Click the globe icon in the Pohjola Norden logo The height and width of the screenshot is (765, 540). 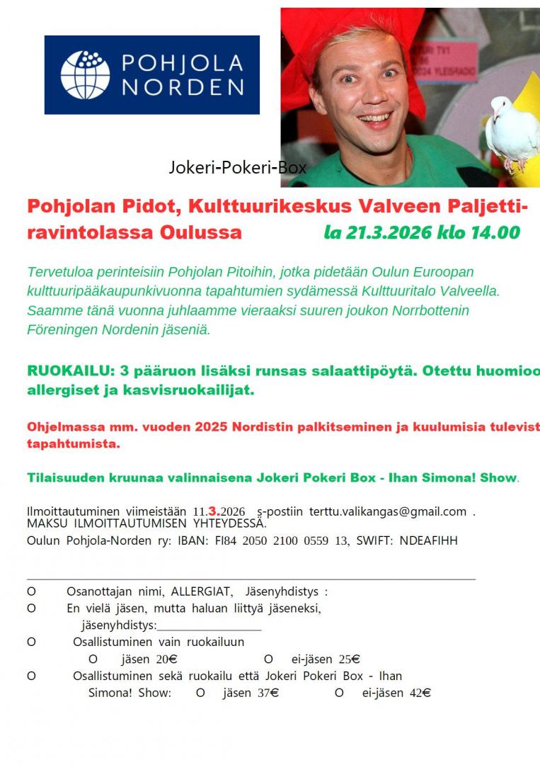85,74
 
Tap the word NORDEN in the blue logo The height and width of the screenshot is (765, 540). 183,87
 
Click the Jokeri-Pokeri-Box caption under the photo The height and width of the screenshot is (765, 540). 238,168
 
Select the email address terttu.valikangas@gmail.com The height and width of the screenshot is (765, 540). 388,511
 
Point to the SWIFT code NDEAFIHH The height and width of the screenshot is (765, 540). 429,540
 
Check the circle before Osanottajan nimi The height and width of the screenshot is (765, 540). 31,591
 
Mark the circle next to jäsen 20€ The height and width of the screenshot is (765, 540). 93,659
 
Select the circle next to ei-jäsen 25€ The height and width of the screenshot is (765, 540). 268,659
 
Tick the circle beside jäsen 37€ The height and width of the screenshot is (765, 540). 200,693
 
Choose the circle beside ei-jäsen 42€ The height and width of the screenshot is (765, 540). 340,693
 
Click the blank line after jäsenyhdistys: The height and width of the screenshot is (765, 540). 209,625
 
